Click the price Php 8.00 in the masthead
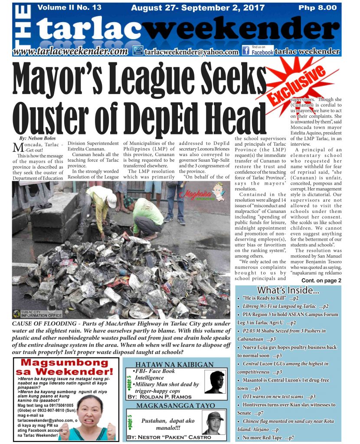tap(317, 7)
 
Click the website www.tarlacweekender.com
tap(70, 51)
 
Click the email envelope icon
tap(138, 51)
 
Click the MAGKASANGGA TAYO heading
tap(175, 405)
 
